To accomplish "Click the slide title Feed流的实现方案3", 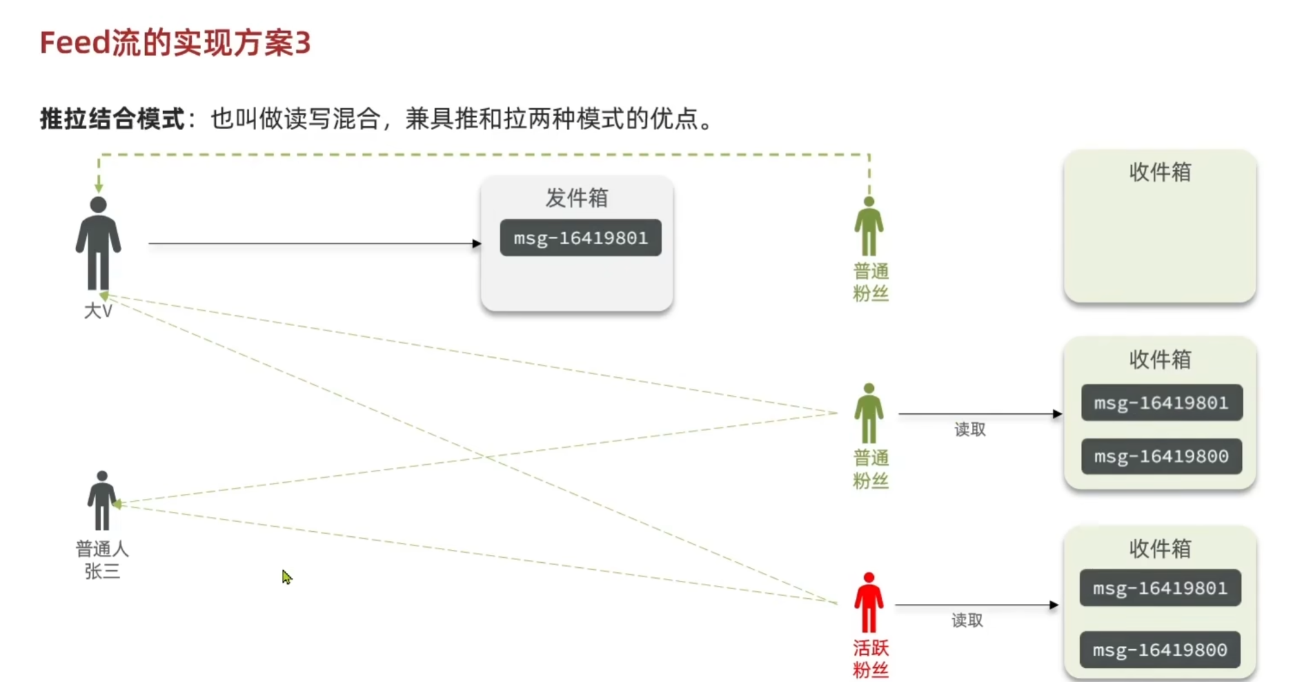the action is [175, 43].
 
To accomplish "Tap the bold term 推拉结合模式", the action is [112, 119].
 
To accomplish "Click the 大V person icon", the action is [98, 244].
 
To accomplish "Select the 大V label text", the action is [98, 311].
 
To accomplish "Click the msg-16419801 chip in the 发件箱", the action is [580, 238].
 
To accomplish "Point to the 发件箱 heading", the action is [577, 198].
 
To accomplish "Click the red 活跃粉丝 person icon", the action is [869, 603].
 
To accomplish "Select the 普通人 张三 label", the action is [102, 560].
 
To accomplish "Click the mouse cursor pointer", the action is [286, 576].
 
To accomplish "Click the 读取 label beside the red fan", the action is [967, 620].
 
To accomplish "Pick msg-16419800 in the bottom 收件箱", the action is [1160, 650].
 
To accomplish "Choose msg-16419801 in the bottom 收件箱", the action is [1160, 588].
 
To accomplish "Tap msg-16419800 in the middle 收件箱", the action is [1161, 456].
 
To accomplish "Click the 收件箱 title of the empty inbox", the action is [1160, 172].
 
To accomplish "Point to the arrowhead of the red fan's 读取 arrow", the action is [1054, 605].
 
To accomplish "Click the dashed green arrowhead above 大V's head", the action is [99, 188].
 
